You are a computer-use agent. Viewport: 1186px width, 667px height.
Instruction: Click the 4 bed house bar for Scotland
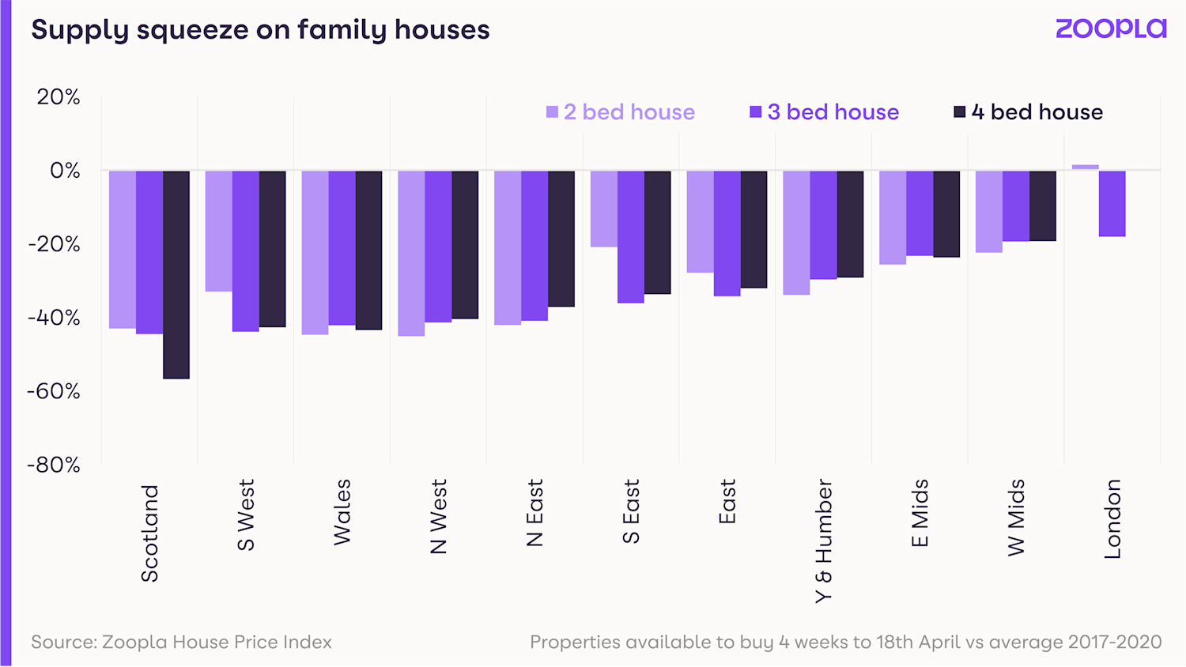(176, 274)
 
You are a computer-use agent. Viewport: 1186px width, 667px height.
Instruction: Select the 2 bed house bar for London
(1085, 167)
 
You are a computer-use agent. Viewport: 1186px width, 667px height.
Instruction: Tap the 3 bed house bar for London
(1112, 203)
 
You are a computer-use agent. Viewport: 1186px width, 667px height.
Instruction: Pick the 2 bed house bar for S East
(604, 209)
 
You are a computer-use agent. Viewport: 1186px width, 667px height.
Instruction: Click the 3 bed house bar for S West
(245, 251)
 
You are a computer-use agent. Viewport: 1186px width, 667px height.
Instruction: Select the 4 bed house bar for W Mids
(1042, 205)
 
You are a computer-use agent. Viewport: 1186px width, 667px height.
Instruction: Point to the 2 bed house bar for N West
(411, 253)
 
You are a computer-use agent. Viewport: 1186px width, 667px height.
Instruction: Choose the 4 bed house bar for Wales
(368, 250)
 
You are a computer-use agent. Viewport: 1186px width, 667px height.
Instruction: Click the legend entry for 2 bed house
(621, 112)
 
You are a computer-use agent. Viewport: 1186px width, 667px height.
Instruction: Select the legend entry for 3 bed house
(825, 112)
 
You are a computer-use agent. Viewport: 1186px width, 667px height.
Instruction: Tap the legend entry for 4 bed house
(1029, 112)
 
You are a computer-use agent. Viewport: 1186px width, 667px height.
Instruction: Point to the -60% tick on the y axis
(54, 391)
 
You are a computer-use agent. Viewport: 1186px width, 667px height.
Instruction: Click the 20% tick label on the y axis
(59, 97)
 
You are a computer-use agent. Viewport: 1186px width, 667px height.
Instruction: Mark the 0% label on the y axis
(65, 171)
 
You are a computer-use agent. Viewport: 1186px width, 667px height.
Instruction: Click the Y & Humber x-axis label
(824, 541)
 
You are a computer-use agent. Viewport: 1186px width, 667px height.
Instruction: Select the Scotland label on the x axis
(149, 533)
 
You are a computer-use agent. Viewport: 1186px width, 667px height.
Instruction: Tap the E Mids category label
(920, 513)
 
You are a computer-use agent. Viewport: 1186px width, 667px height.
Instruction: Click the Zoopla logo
(1111, 29)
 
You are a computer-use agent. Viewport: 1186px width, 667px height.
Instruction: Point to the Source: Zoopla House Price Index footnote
(181, 642)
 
